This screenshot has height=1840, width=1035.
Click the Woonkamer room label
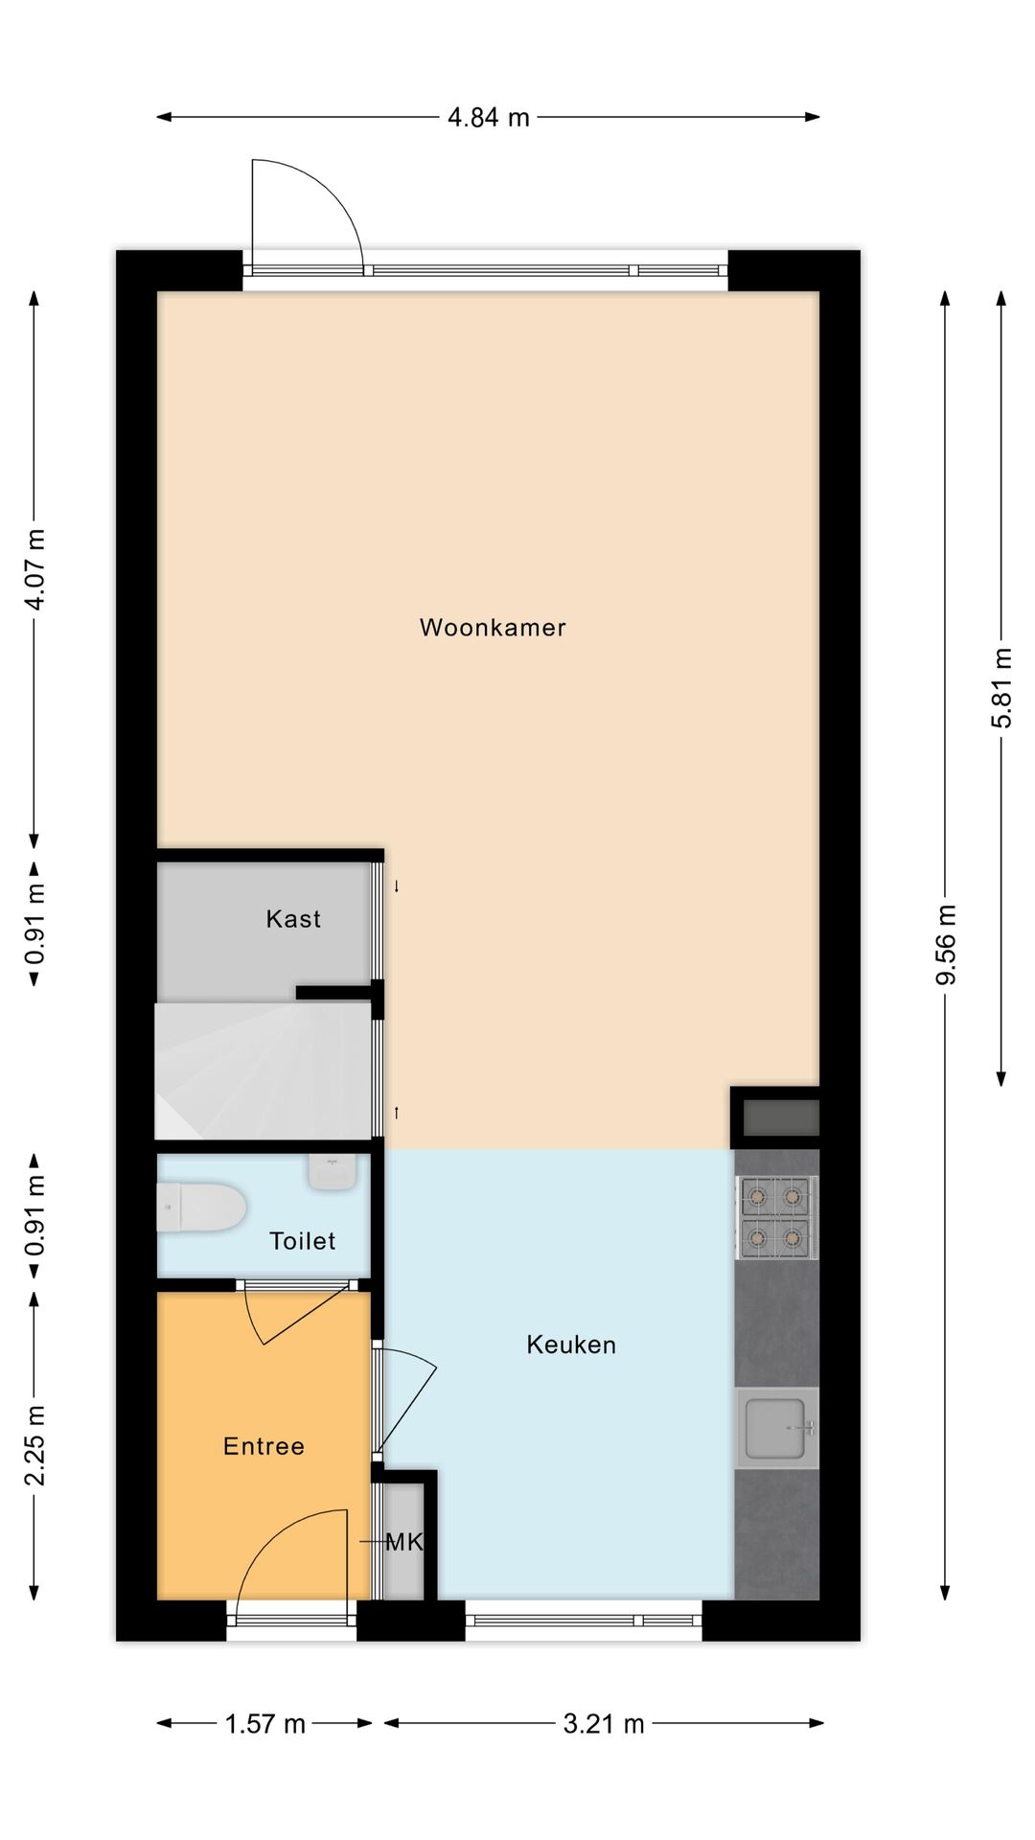tap(493, 628)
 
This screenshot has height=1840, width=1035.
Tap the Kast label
tap(293, 919)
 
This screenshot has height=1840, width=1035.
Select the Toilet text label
tap(303, 1241)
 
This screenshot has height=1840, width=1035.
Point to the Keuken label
tap(571, 1345)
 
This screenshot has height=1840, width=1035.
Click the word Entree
tap(264, 1446)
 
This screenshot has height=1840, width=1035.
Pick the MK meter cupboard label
tap(403, 1542)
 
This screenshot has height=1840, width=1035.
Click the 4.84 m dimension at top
tap(489, 117)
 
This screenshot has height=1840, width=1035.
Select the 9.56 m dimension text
tap(946, 944)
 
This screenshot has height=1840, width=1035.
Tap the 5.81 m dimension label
tap(1001, 688)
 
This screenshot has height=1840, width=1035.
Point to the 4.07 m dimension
tap(35, 569)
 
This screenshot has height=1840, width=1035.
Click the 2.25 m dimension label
tap(35, 1445)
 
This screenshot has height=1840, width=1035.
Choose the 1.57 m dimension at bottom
tap(264, 1724)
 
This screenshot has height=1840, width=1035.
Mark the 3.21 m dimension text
tap(604, 1724)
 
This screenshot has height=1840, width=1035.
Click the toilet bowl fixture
tap(201, 1207)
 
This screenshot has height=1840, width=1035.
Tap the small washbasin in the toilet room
tap(332, 1171)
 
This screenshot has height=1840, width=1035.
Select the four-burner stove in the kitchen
tap(776, 1217)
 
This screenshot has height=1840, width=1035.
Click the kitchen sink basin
tap(776, 1428)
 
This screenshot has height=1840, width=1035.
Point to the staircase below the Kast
tap(264, 1069)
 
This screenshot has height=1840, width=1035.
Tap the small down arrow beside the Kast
tap(397, 886)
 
